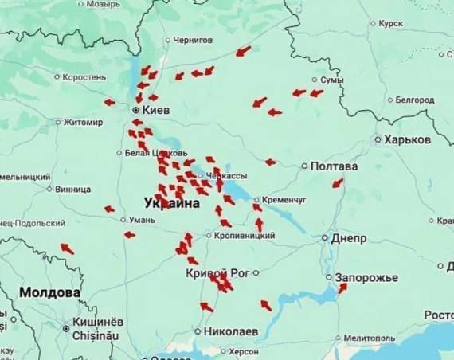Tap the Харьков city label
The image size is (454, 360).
[x=406, y=139]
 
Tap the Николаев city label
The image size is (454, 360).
[x=230, y=330]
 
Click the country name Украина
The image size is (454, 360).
[x=172, y=203]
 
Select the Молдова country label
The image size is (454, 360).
[x=50, y=292]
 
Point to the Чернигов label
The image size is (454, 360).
[x=194, y=40]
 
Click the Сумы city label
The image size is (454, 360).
[x=331, y=80]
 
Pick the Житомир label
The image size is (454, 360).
[x=82, y=123]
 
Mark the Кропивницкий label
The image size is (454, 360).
[x=245, y=236]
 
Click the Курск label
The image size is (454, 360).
[x=391, y=24]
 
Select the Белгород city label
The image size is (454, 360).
[x=413, y=100]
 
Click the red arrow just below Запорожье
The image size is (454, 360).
[x=342, y=288]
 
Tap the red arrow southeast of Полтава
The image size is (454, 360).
[x=338, y=183]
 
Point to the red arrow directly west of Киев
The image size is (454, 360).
[x=110, y=102]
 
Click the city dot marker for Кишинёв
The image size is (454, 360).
[x=65, y=327]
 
